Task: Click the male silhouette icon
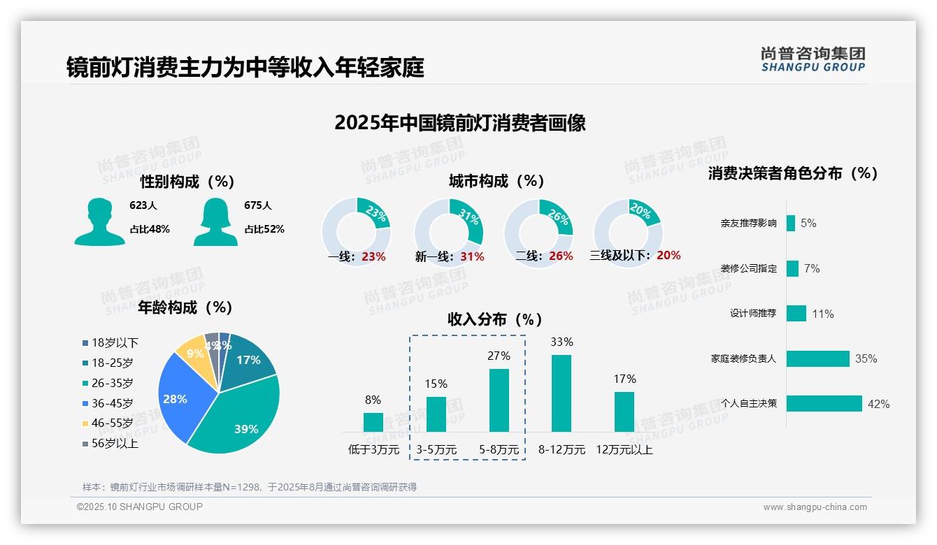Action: tap(99, 222)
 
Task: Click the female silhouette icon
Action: tap(215, 222)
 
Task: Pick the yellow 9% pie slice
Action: tap(190, 354)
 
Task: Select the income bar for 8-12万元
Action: tap(562, 393)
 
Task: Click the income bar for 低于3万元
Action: tap(373, 422)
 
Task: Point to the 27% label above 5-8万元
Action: tap(499, 356)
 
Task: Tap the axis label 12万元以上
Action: tap(624, 449)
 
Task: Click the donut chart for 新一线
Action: tap(448, 232)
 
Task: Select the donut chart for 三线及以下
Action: tap(627, 232)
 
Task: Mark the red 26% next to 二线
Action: tap(561, 256)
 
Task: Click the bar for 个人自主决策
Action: tap(824, 403)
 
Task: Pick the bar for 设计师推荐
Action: tap(796, 313)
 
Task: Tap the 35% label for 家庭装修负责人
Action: tap(866, 358)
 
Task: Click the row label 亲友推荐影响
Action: tap(748, 224)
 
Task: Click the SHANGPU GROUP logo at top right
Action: tap(813, 59)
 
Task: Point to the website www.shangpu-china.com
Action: tap(815, 507)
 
